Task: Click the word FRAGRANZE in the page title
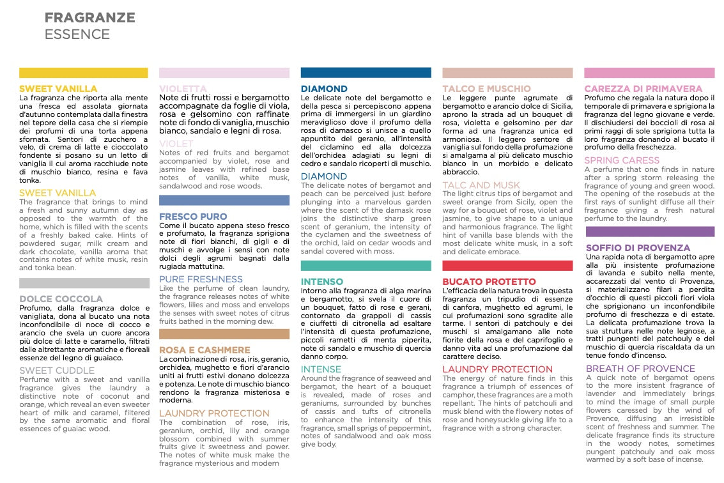pyautogui.click(x=89, y=17)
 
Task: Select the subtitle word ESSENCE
pyautogui.click(x=77, y=34)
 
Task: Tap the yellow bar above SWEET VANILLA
pyautogui.click(x=84, y=73)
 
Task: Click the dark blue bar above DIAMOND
pyautogui.click(x=366, y=73)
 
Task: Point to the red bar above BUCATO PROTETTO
pyautogui.click(x=507, y=266)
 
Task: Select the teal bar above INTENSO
pyautogui.click(x=366, y=266)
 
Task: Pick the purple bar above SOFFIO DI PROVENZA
pyautogui.click(x=649, y=232)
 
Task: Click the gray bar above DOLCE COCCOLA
pyautogui.click(x=84, y=283)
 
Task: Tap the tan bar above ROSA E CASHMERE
pyautogui.click(x=224, y=333)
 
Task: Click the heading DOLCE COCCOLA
pyautogui.click(x=61, y=299)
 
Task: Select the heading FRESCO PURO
pyautogui.click(x=193, y=217)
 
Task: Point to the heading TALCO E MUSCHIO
pyautogui.click(x=486, y=89)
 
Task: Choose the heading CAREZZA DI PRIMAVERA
pyautogui.click(x=643, y=89)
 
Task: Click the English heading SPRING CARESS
pyautogui.click(x=622, y=160)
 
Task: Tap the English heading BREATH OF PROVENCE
pyautogui.click(x=640, y=369)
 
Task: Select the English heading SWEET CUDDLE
pyautogui.click(x=57, y=371)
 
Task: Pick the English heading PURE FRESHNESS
pyautogui.click(x=201, y=279)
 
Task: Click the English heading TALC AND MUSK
pyautogui.click(x=481, y=185)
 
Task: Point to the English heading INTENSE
pyautogui.click(x=321, y=369)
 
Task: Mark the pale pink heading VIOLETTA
pyautogui.click(x=183, y=89)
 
